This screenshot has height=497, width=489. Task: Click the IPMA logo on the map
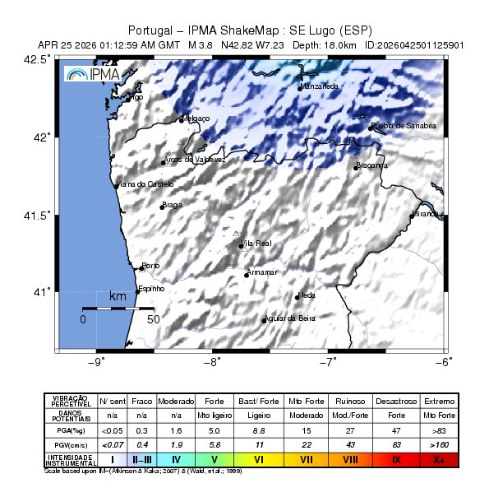pyautogui.click(x=92, y=74)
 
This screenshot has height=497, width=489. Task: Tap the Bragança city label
pyautogui.click(x=371, y=165)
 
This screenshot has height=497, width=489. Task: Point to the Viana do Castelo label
pyautogui.click(x=144, y=184)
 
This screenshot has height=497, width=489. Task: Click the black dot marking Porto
pyautogui.click(x=141, y=268)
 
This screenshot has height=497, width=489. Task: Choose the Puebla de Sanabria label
pyautogui.click(x=403, y=126)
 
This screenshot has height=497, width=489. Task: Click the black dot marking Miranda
pyautogui.click(x=413, y=216)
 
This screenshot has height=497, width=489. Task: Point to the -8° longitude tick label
pyautogui.click(x=212, y=361)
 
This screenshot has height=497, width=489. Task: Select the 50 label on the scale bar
pyautogui.click(x=153, y=318)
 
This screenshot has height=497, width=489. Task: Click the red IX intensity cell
pyautogui.click(x=396, y=457)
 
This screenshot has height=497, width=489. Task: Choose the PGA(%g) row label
pyautogui.click(x=70, y=430)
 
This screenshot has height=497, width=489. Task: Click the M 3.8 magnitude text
pyautogui.click(x=201, y=44)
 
